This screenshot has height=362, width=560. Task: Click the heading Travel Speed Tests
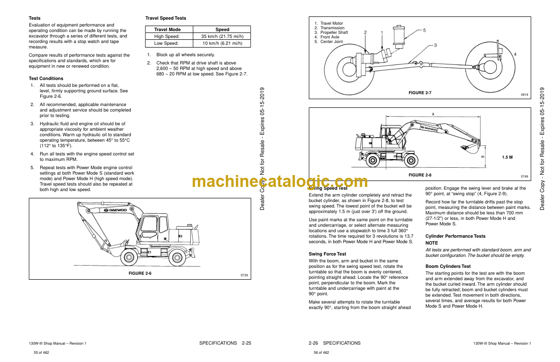click(x=166, y=18)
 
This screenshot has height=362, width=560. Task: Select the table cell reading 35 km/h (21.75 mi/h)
click(x=222, y=37)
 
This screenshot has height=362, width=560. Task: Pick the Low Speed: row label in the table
click(x=166, y=43)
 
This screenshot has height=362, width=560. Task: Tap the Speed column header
click(x=222, y=29)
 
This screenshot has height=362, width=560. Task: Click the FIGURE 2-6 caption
click(x=140, y=273)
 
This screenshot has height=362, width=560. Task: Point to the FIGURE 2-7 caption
click(x=420, y=93)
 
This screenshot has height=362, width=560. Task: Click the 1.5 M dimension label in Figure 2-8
click(x=507, y=157)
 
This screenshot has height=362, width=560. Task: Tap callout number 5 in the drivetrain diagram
click(x=424, y=30)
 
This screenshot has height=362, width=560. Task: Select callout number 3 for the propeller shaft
click(x=435, y=45)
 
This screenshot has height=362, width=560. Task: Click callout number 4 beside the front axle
click(x=515, y=54)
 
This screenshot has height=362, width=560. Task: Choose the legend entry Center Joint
click(x=332, y=42)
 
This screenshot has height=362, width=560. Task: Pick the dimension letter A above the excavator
click(x=433, y=114)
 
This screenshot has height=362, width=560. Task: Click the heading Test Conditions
click(x=46, y=79)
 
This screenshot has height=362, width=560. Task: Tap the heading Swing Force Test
click(x=327, y=254)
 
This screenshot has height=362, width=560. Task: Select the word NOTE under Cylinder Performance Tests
click(x=431, y=243)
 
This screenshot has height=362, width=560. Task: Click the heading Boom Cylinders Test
click(x=448, y=266)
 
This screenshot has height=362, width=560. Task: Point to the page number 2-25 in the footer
click(x=247, y=343)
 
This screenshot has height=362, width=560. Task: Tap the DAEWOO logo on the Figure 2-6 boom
click(x=115, y=210)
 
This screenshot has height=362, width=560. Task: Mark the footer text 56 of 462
click(x=321, y=352)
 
